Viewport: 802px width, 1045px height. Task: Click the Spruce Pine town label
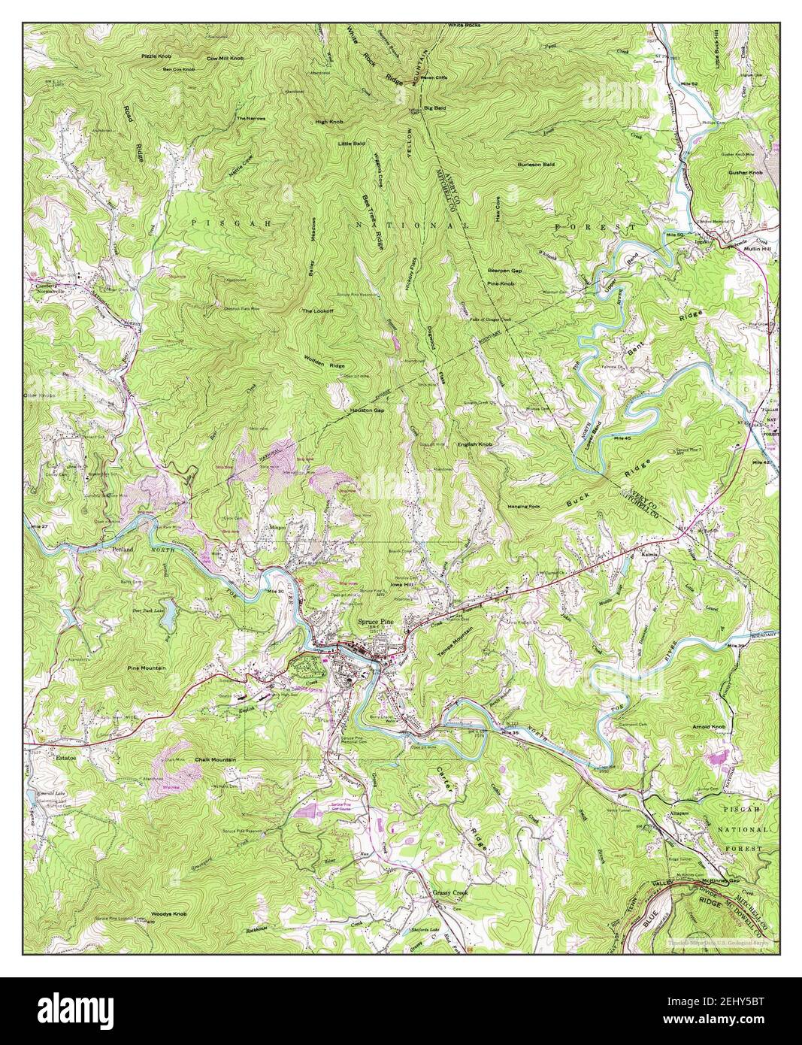(380, 622)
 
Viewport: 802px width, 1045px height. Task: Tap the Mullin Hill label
(753, 246)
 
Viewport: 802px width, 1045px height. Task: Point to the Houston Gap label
(367, 410)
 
